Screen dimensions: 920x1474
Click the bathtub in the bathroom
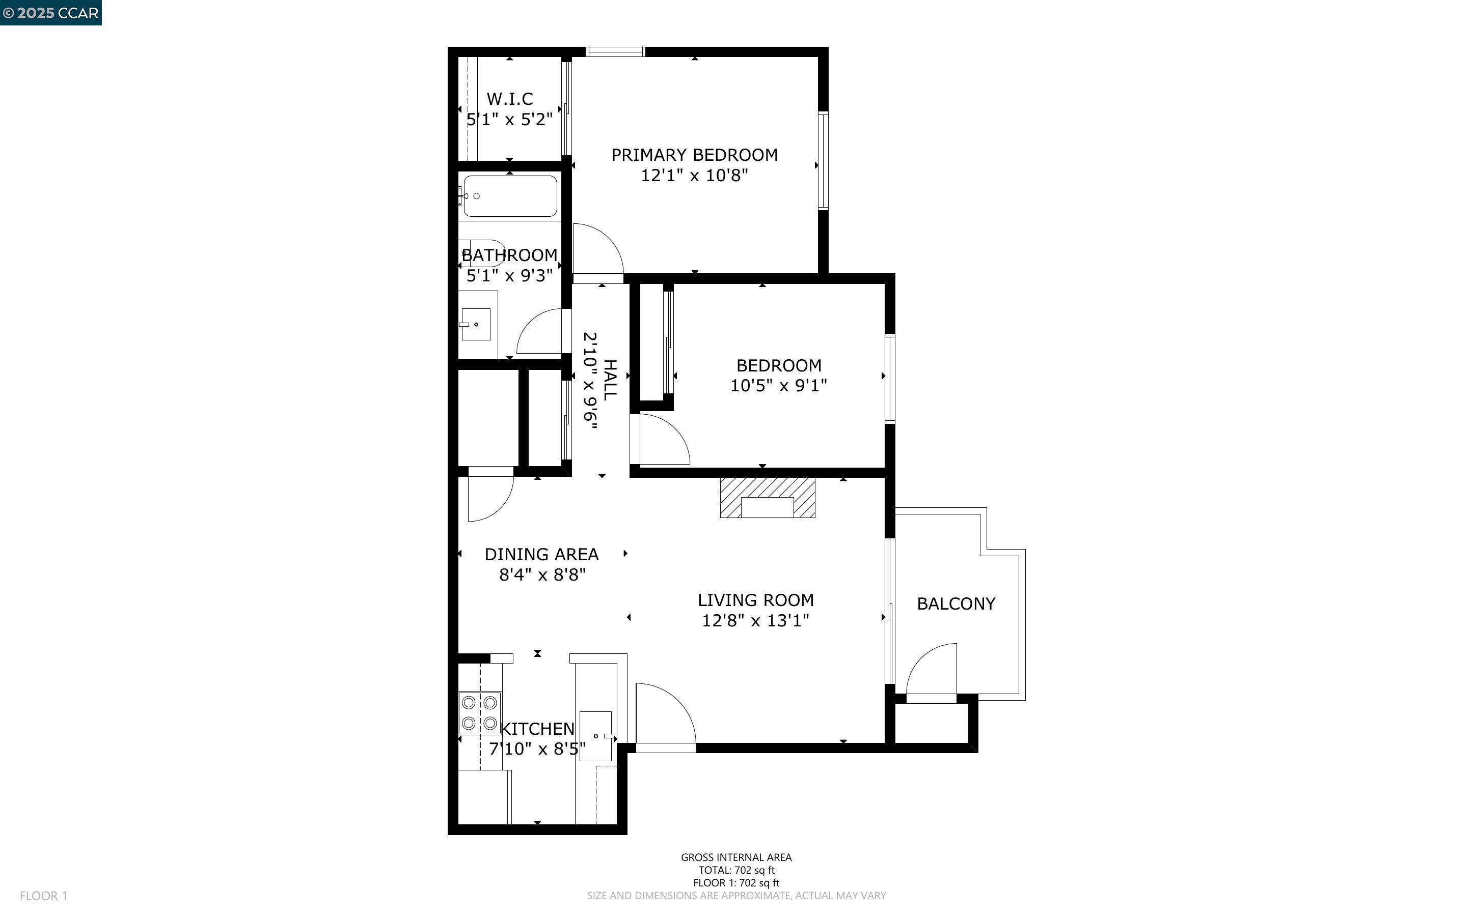click(510, 196)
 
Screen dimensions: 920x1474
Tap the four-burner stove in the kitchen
click(480, 712)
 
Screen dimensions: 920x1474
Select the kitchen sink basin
click(595, 736)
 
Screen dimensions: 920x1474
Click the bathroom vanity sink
click(476, 324)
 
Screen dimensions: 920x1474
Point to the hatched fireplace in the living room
click(767, 497)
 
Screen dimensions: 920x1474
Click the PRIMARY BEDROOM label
click(694, 155)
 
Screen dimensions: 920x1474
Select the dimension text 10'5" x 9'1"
click(778, 386)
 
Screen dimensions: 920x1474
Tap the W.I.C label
click(510, 99)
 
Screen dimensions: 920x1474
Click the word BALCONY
click(956, 603)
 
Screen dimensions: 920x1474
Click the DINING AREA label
click(541, 554)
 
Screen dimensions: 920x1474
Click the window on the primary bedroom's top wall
click(615, 52)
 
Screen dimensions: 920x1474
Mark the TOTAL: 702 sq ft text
click(736, 870)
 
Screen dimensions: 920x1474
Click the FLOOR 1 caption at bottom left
click(44, 896)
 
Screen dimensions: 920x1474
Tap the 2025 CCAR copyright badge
click(50, 13)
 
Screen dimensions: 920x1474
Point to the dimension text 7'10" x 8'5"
click(537, 749)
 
